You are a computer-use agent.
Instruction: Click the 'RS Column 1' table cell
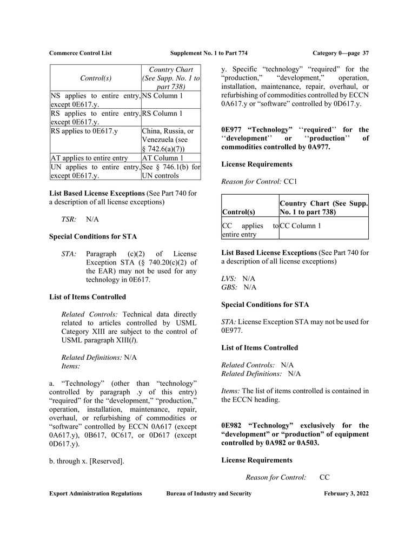click(162, 114)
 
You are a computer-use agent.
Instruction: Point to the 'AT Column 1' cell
click(162, 158)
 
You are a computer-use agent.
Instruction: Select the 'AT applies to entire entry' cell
click(90, 158)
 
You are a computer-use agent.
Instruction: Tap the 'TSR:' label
click(69, 220)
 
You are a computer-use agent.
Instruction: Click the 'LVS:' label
click(229, 278)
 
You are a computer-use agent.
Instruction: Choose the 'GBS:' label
click(229, 287)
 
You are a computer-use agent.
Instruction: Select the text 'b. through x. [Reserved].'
click(87, 461)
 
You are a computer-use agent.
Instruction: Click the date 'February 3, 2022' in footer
click(347, 493)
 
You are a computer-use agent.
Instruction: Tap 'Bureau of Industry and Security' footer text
click(209, 493)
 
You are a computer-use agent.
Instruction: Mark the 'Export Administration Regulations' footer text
click(96, 493)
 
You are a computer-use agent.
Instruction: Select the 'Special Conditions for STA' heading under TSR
click(93, 236)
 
